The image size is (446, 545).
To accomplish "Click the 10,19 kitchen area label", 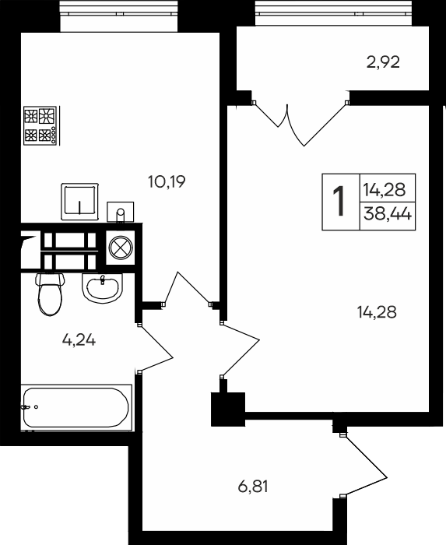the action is click(167, 181).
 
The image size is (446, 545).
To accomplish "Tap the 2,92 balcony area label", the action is click(383, 62).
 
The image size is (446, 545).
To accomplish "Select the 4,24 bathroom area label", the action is click(79, 339).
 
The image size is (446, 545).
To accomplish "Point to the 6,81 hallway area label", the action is click(253, 487).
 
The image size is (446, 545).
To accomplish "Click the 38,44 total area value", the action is click(388, 213).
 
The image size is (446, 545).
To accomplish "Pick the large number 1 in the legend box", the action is click(339, 201).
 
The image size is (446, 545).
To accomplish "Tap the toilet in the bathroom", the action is click(50, 294).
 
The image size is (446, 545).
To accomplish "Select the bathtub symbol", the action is click(76, 408).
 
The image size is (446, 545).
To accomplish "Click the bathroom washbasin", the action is click(103, 288).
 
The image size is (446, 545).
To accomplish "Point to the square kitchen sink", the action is click(80, 202).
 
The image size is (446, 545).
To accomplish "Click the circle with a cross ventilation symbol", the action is click(121, 248).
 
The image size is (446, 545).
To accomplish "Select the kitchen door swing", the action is click(188, 289).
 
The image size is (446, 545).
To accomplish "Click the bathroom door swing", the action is click(155, 349).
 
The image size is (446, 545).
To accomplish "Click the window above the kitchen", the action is click(119, 13).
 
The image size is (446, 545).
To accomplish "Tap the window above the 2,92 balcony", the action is click(334, 13).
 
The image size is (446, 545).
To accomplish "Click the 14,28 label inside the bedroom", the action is click(377, 312).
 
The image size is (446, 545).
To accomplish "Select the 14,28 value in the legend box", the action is click(385, 190).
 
